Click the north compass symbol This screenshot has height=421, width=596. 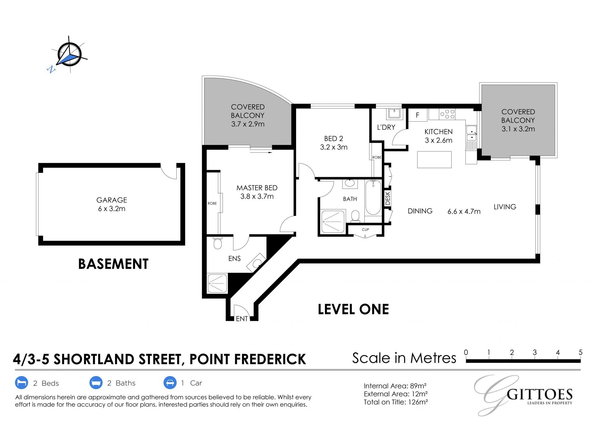tap(69, 55)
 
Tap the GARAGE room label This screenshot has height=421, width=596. tap(112, 200)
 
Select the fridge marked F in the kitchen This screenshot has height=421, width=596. tap(418, 115)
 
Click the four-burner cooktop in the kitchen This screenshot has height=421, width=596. tap(447, 114)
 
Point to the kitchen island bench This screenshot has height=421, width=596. tap(434, 159)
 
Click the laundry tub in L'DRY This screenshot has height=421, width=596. tap(394, 113)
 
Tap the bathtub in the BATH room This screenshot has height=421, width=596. tap(373, 198)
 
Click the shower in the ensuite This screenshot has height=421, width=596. tap(217, 283)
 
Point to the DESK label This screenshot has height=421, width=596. tap(387, 198)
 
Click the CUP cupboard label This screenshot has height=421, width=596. tap(365, 230)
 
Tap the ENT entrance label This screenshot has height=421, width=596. tap(242, 319)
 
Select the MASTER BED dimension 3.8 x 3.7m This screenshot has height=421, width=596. tap(257, 196)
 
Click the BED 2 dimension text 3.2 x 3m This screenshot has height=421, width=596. tap(334, 147)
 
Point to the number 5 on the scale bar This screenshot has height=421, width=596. tap(580, 352)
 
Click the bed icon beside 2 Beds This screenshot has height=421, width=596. tap(21, 383)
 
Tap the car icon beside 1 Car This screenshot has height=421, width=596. tap(170, 383)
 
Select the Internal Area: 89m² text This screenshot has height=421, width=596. tap(395, 386)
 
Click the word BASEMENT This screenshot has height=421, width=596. tap(113, 264)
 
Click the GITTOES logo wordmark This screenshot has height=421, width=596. tap(540, 395)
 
